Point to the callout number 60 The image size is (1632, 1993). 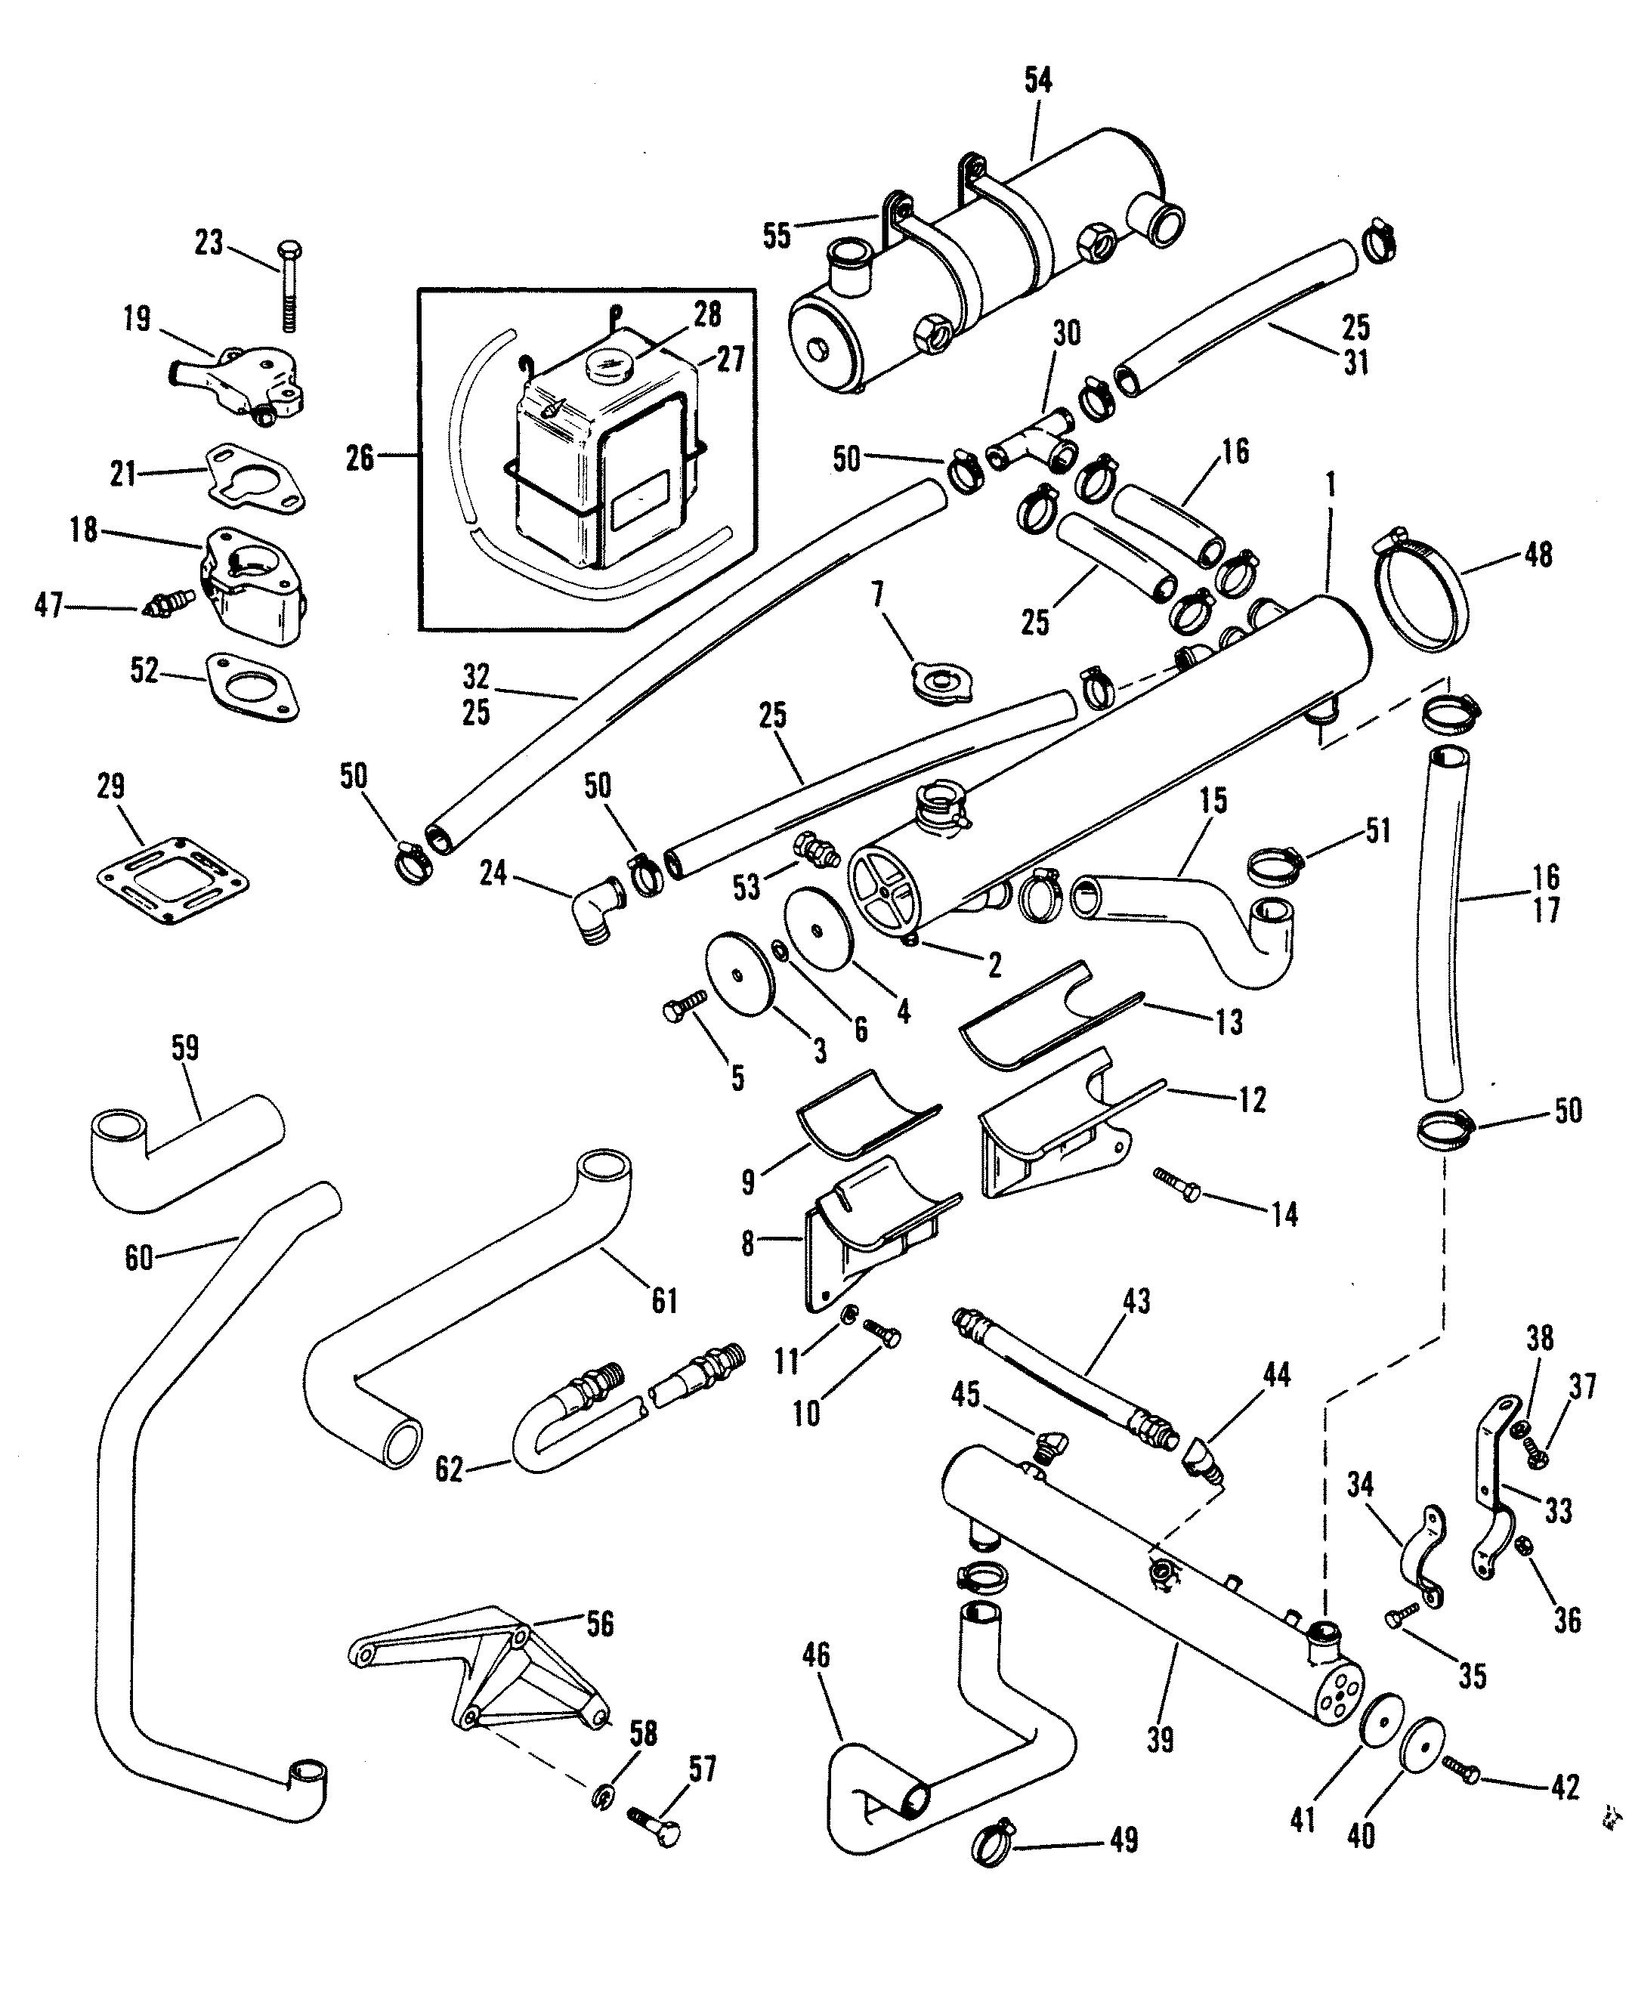click(138, 1257)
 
